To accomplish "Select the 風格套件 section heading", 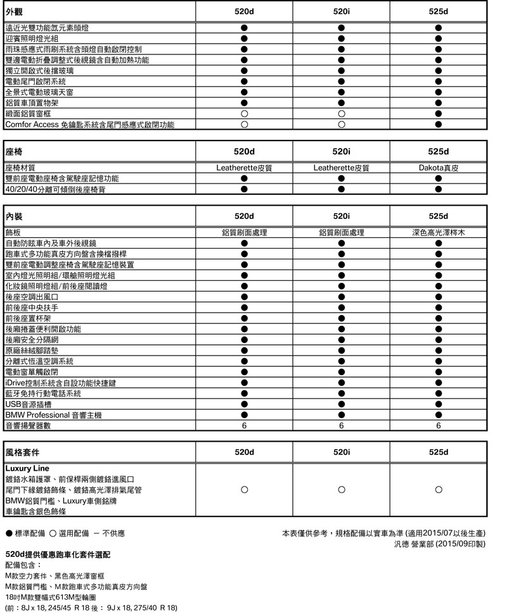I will click(22, 452).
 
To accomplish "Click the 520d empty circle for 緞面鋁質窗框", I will click(244, 114).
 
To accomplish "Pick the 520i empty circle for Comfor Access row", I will click(341, 125).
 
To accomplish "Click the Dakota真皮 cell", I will click(439, 168).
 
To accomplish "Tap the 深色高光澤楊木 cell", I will click(439, 233).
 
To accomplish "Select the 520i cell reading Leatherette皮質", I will click(341, 168).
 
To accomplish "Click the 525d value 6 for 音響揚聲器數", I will click(439, 426).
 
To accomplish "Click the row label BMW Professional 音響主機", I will click(53, 415).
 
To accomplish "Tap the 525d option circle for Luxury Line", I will click(439, 490).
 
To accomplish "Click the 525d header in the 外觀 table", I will click(439, 12).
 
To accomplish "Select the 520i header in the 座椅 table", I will click(341, 152).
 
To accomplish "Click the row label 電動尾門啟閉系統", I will click(35, 82).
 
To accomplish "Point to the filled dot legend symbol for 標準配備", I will click(8, 533).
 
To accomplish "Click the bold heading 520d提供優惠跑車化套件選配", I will click(58, 554).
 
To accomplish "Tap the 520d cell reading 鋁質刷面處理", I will click(244, 233).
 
